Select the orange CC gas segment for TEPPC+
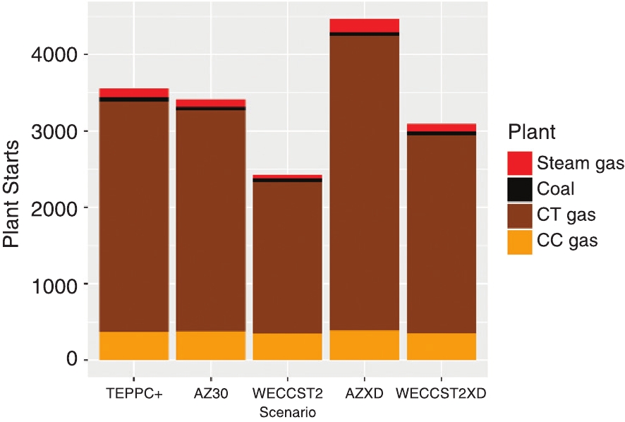[134, 346]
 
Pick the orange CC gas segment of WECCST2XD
[441, 346]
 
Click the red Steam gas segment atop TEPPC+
[134, 92]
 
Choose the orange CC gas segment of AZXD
[364, 345]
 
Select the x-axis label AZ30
[210, 394]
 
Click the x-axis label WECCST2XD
[441, 394]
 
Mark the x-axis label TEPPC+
[134, 394]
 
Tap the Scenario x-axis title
[286, 411]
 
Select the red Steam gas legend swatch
[519, 164]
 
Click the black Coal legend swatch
[519, 189]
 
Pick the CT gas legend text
[566, 215]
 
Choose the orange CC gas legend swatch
[519, 241]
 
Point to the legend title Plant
[531, 132]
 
